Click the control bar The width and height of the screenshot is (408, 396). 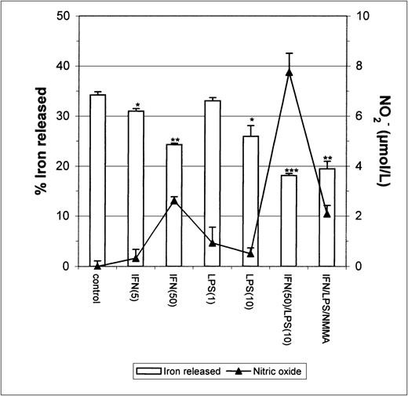(x=98, y=180)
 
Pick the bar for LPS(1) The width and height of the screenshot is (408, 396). (x=213, y=183)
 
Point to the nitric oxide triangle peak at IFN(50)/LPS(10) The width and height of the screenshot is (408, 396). (x=290, y=71)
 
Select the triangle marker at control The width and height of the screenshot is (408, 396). (x=98, y=265)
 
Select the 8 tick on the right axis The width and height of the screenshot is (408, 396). (x=359, y=66)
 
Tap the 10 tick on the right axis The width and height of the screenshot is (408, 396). (x=362, y=16)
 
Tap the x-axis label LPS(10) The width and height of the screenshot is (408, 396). (x=251, y=292)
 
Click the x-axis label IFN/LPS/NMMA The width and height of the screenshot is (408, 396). (x=327, y=303)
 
